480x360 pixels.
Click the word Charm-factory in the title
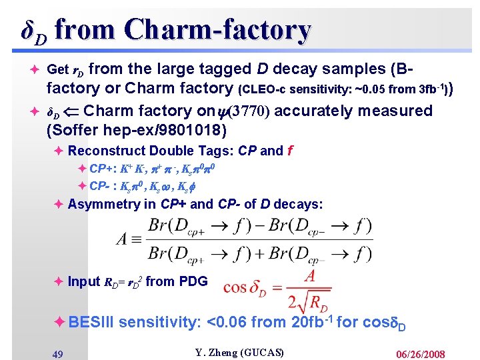click(x=217, y=30)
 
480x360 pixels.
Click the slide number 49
click(x=57, y=354)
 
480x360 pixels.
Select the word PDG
click(x=193, y=281)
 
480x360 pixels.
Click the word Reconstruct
click(x=107, y=151)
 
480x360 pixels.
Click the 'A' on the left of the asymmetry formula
click(x=124, y=238)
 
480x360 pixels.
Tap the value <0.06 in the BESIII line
click(x=227, y=323)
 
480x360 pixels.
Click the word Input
click(x=84, y=281)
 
